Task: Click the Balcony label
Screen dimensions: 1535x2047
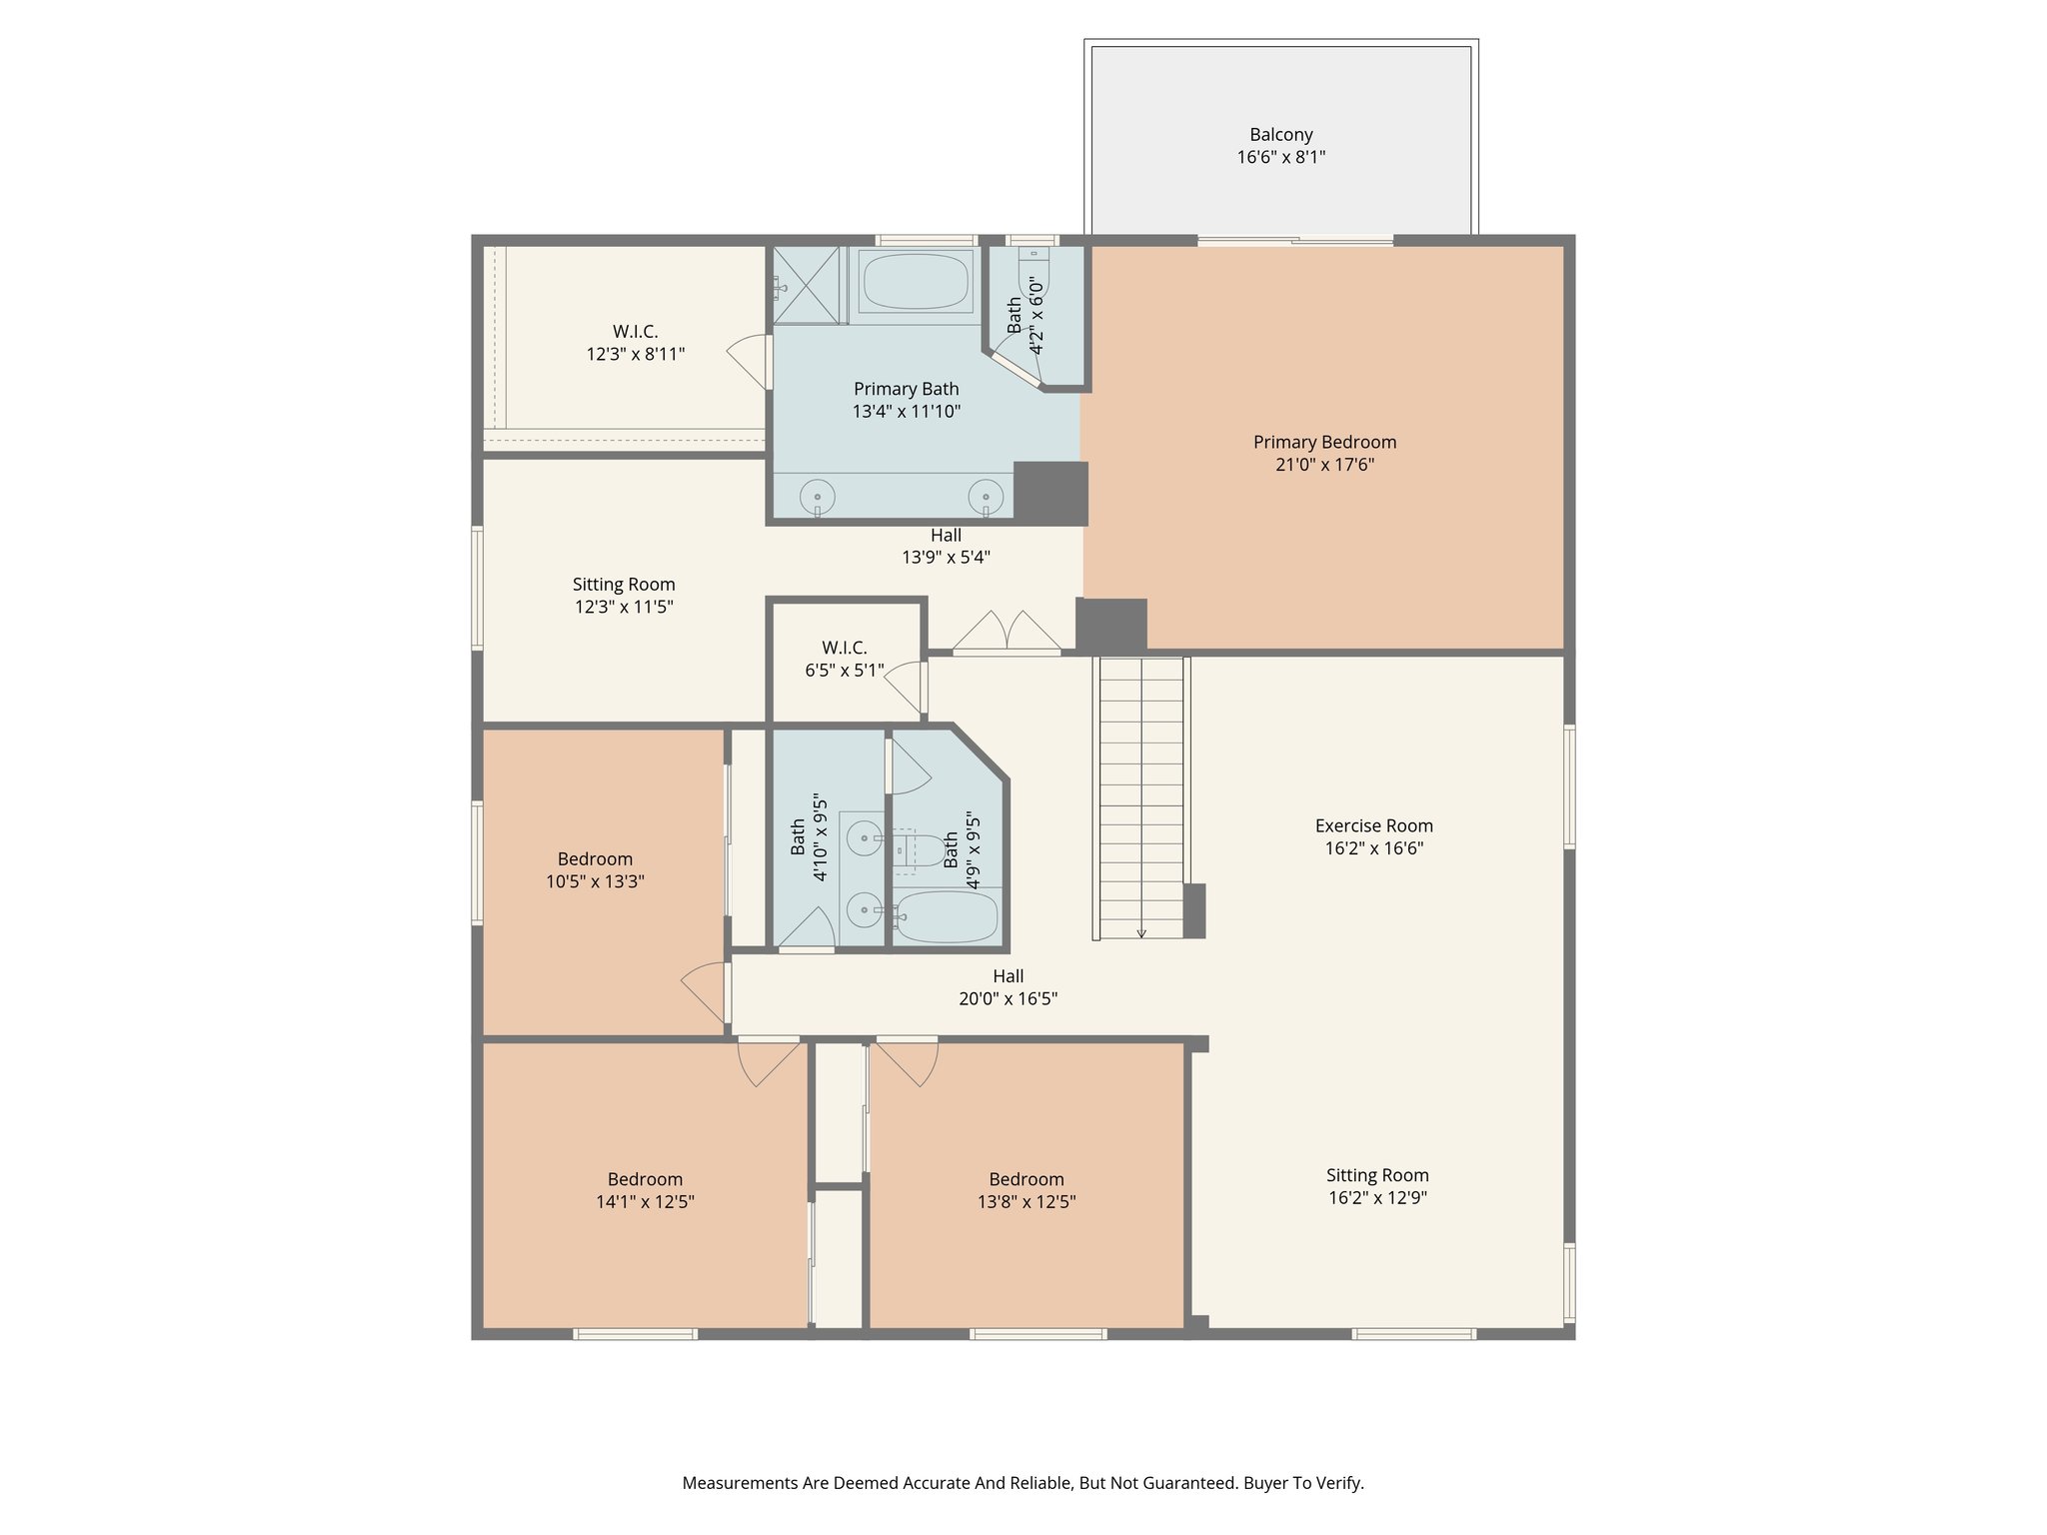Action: click(x=1280, y=135)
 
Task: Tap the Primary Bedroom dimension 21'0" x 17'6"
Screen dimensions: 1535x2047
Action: click(x=1324, y=465)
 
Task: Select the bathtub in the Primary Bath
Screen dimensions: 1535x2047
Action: click(x=916, y=282)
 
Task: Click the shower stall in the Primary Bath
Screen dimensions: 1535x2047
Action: click(x=808, y=285)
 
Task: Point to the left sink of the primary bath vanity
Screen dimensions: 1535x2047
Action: click(x=817, y=496)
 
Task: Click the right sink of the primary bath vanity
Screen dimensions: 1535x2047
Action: click(x=986, y=496)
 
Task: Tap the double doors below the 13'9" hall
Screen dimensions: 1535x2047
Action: click(x=1006, y=633)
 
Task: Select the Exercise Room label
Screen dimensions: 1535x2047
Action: click(x=1373, y=825)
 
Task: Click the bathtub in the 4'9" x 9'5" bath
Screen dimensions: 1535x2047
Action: click(x=946, y=916)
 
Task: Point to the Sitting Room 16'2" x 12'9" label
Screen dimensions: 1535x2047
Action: click(x=1377, y=1175)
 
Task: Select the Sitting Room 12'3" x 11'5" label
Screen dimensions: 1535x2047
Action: click(x=624, y=585)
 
